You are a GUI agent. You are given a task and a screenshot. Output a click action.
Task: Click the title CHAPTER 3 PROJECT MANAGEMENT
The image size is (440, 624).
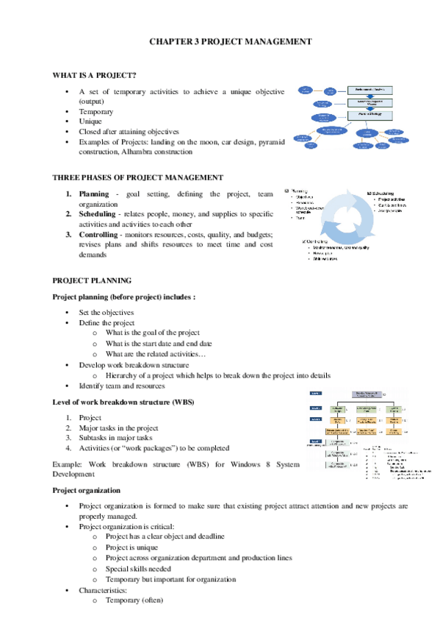point(220,42)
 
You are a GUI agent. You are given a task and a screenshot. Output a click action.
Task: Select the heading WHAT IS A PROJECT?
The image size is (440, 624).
point(94,76)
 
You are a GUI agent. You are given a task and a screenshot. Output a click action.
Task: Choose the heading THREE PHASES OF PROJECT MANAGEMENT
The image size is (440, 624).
point(138,177)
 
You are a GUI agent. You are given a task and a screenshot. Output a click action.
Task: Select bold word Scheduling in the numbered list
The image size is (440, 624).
point(98,214)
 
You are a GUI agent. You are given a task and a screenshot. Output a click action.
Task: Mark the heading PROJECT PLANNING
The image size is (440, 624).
point(92,280)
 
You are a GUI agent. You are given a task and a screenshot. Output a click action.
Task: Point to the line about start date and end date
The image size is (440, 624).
point(159,344)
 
